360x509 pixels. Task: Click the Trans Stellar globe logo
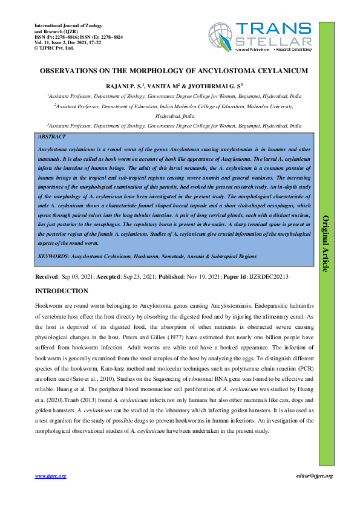(221, 34)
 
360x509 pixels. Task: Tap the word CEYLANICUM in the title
(275, 71)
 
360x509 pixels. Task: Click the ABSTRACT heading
(51, 137)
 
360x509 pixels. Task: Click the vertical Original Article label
(326, 244)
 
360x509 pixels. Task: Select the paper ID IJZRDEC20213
(267, 276)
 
